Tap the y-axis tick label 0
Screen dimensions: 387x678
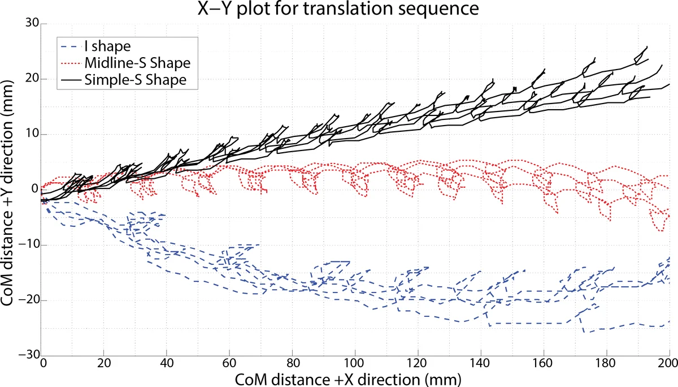coord(35,189)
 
